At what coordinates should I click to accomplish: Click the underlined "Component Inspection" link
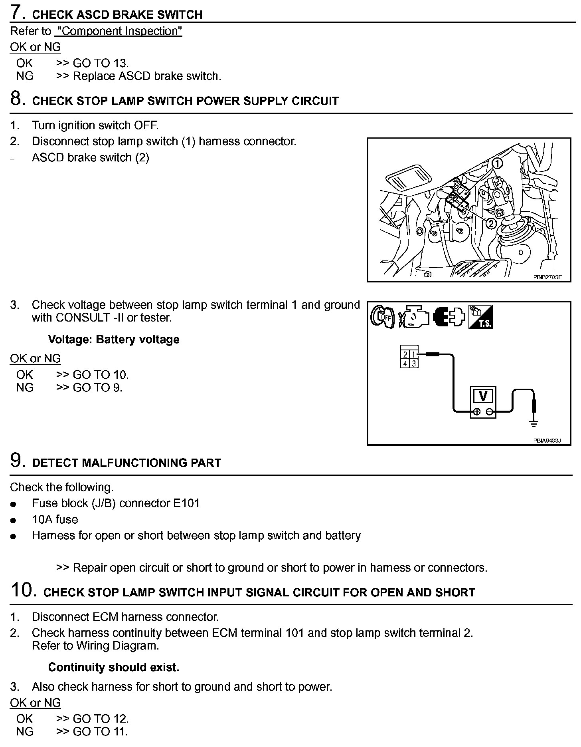pyautogui.click(x=119, y=31)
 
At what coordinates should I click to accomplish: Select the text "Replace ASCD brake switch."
pyautogui.click(x=147, y=76)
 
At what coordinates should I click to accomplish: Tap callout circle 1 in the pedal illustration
pyautogui.click(x=497, y=163)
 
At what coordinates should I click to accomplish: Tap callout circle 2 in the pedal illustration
pyautogui.click(x=491, y=223)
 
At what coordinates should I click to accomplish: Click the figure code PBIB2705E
pyautogui.click(x=547, y=277)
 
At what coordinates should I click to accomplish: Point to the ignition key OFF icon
pyautogui.click(x=382, y=317)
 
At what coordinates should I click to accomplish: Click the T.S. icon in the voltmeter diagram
pyautogui.click(x=481, y=317)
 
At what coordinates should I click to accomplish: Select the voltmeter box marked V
pyautogui.click(x=483, y=401)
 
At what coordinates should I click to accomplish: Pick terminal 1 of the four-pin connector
pyautogui.click(x=414, y=354)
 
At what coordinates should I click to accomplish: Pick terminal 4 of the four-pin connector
pyautogui.click(x=405, y=364)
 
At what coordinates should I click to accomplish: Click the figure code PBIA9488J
pyautogui.click(x=547, y=441)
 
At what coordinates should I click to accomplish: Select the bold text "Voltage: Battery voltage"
pyautogui.click(x=114, y=340)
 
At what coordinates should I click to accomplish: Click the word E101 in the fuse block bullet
pyautogui.click(x=186, y=503)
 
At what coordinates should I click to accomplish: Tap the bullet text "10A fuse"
pyautogui.click(x=55, y=519)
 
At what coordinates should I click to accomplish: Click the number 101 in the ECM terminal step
pyautogui.click(x=295, y=633)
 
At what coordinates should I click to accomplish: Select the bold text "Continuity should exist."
pyautogui.click(x=114, y=667)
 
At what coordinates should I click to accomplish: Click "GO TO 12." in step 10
pyautogui.click(x=101, y=719)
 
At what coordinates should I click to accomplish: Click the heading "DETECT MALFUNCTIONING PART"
pyautogui.click(x=126, y=463)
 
